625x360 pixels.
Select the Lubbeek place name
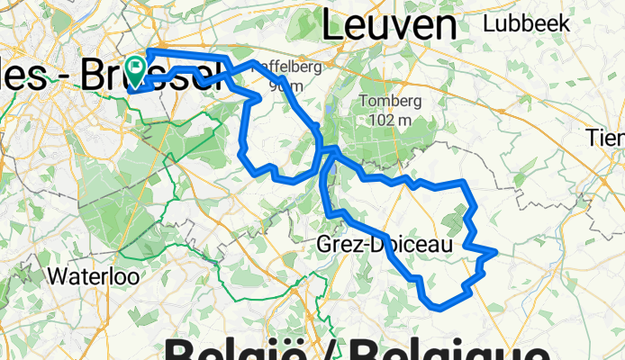pyautogui.click(x=527, y=24)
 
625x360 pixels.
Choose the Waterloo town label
pyautogui.click(x=94, y=275)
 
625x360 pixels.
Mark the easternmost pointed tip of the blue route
pyautogui.click(x=496, y=251)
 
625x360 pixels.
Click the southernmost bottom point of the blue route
pyautogui.click(x=439, y=307)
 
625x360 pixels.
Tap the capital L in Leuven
pyautogui.click(x=331, y=26)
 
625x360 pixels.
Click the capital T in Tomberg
pyautogui.click(x=362, y=101)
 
